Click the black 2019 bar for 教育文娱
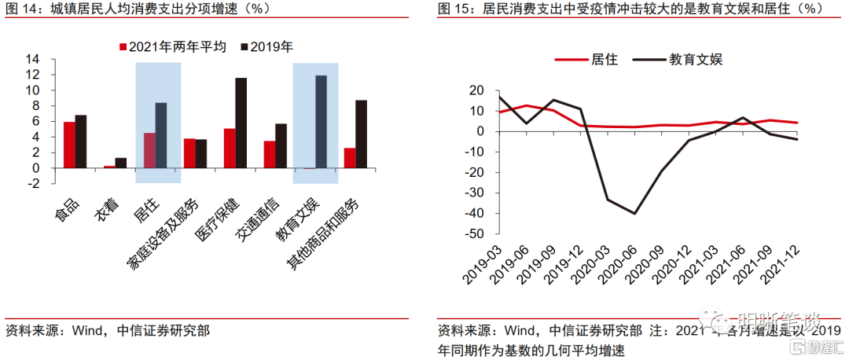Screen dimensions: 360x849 coord(321,122)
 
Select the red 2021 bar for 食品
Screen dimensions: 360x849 coord(69,145)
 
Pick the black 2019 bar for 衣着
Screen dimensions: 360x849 coord(120,163)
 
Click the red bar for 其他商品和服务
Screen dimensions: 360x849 coord(349,158)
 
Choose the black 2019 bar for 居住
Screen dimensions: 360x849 coord(160,135)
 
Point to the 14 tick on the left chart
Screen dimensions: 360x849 coord(32,59)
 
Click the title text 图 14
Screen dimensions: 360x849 coord(20,9)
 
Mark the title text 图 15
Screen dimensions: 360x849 coord(453,9)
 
